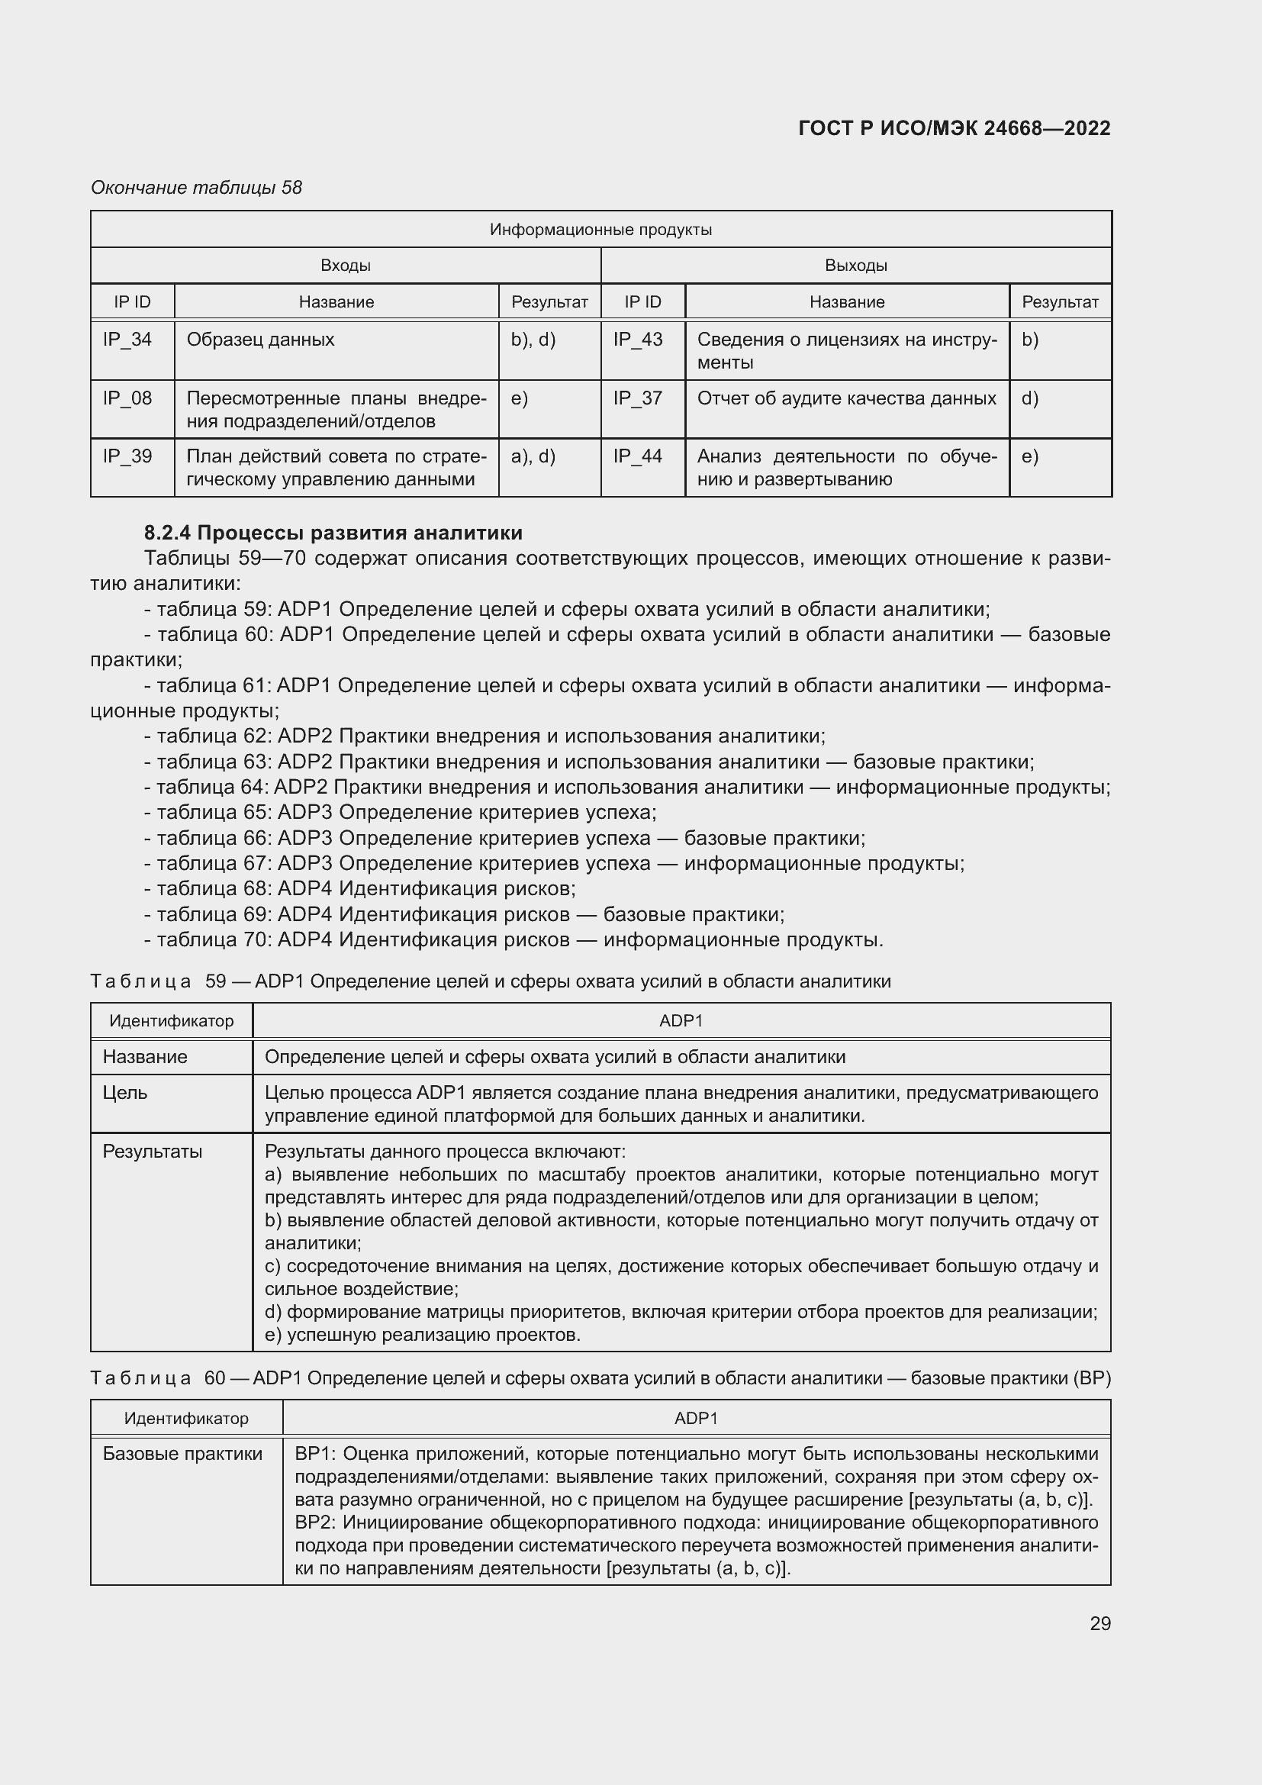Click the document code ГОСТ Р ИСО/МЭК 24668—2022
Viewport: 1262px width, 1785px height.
[954, 128]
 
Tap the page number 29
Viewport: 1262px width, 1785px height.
[1099, 1623]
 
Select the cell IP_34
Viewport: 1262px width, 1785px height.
[127, 340]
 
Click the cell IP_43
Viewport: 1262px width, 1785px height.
[637, 340]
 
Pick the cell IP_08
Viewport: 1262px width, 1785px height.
[127, 399]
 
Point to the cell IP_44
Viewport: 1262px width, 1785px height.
[637, 456]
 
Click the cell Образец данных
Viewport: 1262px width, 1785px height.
[260, 340]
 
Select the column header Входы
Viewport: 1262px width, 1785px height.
[345, 266]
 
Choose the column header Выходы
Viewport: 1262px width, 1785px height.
[855, 266]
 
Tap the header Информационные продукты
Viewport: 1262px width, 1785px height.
[600, 230]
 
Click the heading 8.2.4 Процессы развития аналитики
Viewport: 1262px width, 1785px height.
[333, 533]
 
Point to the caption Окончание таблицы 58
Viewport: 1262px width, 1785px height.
[196, 188]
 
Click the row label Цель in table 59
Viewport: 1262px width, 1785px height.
[125, 1093]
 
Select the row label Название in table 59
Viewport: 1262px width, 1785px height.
[145, 1057]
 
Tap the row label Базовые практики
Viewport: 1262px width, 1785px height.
[182, 1454]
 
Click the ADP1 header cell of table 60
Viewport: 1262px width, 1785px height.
[696, 1418]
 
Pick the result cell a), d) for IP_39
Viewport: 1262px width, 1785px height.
[533, 456]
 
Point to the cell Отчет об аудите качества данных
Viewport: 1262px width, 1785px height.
[846, 399]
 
